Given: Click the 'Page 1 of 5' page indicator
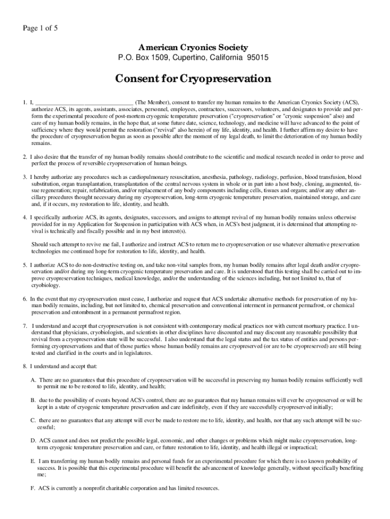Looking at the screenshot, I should (x=38, y=28).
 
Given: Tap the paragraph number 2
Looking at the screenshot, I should (x=24, y=157).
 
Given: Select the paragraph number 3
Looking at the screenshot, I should (x=24, y=177).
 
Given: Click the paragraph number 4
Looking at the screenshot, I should (x=24, y=217).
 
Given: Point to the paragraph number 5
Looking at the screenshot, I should (x=24, y=265).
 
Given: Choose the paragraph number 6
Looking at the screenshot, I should (x=24, y=299).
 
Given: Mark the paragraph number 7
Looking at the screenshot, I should (x=24, y=326).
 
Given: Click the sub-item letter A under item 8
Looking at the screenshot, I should (x=33, y=380).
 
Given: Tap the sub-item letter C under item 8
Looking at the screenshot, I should (x=33, y=421).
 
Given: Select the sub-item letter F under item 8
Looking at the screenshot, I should (x=33, y=489).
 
